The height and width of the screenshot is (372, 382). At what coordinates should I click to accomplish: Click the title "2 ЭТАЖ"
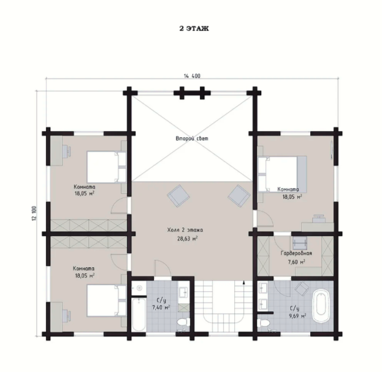pyautogui.click(x=194, y=28)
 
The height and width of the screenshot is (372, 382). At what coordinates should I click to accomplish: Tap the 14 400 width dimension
pyautogui.click(x=192, y=76)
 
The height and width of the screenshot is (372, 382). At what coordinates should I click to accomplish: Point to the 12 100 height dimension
pyautogui.click(x=34, y=213)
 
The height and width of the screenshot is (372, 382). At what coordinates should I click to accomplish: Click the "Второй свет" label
pyautogui.click(x=192, y=139)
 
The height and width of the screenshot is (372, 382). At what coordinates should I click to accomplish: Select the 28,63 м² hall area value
pyautogui.click(x=187, y=238)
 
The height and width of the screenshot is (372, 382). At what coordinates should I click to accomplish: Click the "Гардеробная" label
pyautogui.click(x=296, y=253)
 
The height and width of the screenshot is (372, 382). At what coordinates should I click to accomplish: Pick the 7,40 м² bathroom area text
pyautogui.click(x=161, y=307)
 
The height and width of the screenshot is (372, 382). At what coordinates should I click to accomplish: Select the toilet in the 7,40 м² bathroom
pyautogui.click(x=183, y=322)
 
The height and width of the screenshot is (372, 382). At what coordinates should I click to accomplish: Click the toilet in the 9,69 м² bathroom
pyautogui.click(x=264, y=323)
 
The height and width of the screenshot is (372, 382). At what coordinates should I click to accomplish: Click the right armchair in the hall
pyautogui.click(x=239, y=195)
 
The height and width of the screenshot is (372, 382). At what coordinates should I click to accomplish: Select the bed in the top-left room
pyautogui.click(x=107, y=167)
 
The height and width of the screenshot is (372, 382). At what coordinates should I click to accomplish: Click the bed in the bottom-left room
pyautogui.click(x=107, y=301)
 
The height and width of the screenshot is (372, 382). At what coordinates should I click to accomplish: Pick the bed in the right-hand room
pyautogui.click(x=282, y=174)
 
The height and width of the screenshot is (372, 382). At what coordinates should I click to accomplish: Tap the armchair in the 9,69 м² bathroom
pyautogui.click(x=302, y=289)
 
